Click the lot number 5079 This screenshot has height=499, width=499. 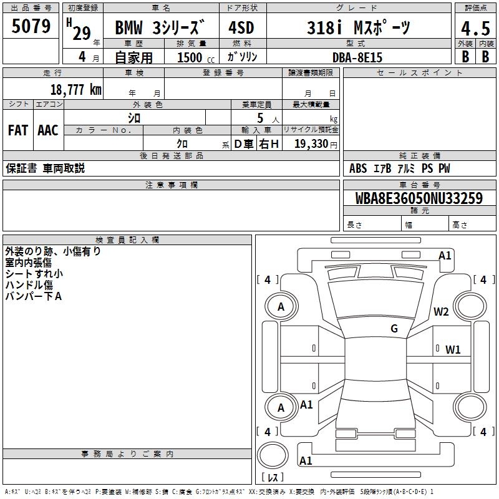coord(31,26)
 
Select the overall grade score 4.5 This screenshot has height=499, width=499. coord(475,29)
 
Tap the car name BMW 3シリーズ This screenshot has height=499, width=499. coord(160,29)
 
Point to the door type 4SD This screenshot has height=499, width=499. coord(241,29)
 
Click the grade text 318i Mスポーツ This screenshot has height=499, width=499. coord(359,29)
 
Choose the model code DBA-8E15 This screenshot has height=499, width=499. coord(357,57)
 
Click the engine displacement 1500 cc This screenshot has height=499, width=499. coord(193,57)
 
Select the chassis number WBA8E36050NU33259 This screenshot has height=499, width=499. coord(419,199)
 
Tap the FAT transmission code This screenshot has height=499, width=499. coord(18,130)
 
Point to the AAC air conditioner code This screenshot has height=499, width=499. coord(48,130)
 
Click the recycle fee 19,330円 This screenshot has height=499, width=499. coord(316,143)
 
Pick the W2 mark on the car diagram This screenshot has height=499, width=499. coord(442,312)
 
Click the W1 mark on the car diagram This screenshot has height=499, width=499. coord(453,349)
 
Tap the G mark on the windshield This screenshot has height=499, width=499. coord(394,329)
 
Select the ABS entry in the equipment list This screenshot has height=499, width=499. coord(358,168)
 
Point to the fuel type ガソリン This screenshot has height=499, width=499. coord(243,57)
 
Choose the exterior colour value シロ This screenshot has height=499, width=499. coord(134,117)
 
